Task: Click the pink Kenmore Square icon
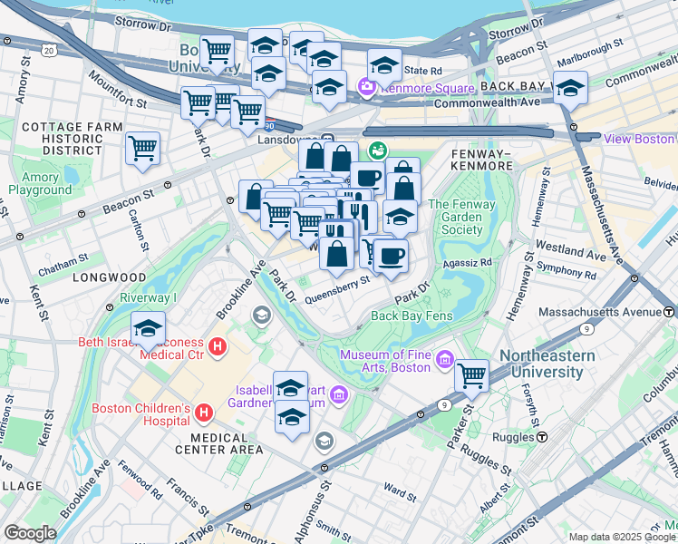pos(367,88)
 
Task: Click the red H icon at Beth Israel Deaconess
pos(217,345)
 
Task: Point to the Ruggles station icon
pos(541,435)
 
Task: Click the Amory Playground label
pos(40,184)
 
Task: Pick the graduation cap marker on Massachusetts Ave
pos(570,88)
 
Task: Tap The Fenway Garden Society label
pos(461,217)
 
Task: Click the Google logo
pos(30,532)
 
